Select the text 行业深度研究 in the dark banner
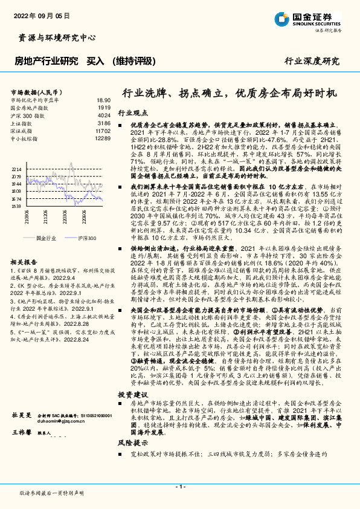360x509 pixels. pos(312,61)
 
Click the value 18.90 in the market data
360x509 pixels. pos(103,100)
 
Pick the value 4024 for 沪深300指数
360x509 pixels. pos(104,115)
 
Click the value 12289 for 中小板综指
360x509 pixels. pos(103,138)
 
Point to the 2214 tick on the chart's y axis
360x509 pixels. pos(16,170)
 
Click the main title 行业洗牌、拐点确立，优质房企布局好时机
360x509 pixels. pos(231,94)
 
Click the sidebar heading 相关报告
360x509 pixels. pos(23,262)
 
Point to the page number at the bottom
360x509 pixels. pos(179,487)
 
